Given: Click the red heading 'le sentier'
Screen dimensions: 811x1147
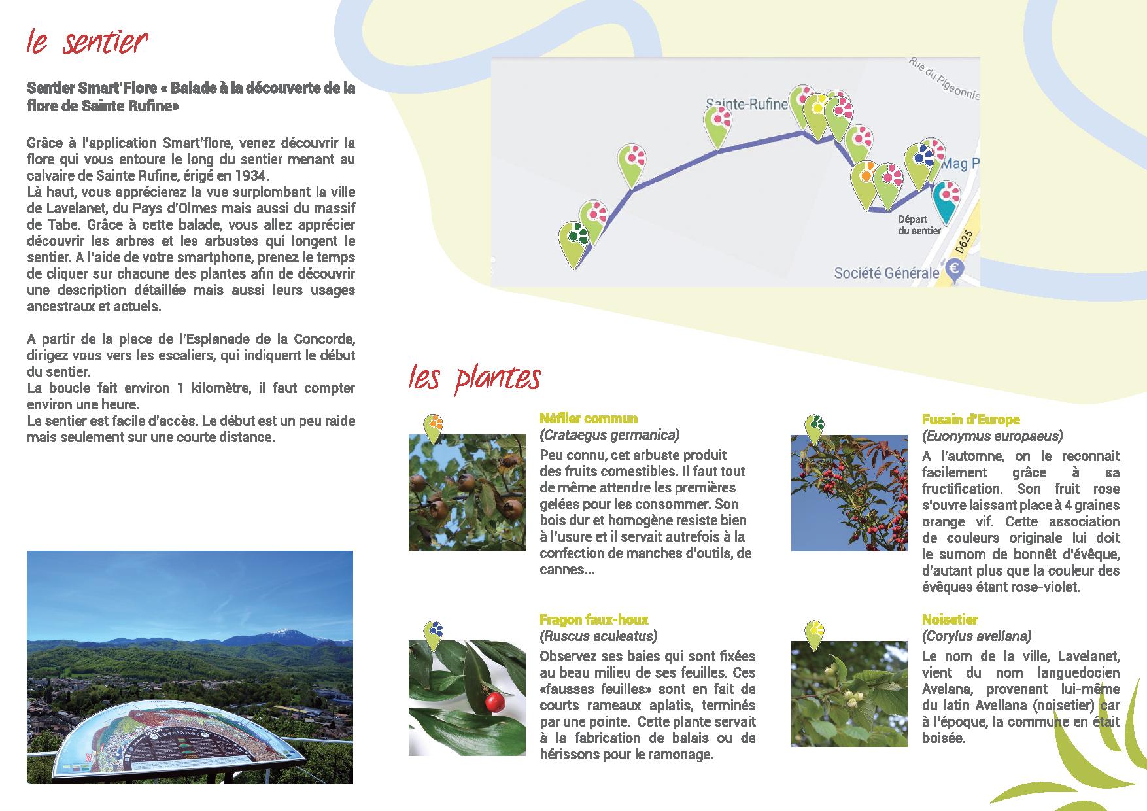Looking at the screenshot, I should pyautogui.click(x=87, y=43).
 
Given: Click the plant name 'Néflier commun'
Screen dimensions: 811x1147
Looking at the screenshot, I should pyautogui.click(x=589, y=419).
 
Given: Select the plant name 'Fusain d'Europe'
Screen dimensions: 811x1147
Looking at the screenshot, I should pyautogui.click(x=970, y=420).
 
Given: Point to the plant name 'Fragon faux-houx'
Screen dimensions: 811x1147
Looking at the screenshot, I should pyautogui.click(x=594, y=619).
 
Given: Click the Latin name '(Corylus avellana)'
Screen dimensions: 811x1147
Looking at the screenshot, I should pyautogui.click(x=976, y=636).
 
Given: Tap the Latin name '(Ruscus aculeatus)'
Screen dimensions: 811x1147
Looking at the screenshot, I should pyautogui.click(x=598, y=636).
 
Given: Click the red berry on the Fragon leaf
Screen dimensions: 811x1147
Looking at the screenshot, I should pyautogui.click(x=495, y=702).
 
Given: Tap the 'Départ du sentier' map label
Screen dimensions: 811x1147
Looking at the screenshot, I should pyautogui.click(x=918, y=225).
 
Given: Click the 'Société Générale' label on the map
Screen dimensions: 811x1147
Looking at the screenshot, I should pyautogui.click(x=886, y=273).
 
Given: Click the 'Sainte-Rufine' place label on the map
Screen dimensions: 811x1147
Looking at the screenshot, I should pyautogui.click(x=745, y=104).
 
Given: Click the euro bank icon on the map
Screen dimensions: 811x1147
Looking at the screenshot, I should pyautogui.click(x=954, y=269).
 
